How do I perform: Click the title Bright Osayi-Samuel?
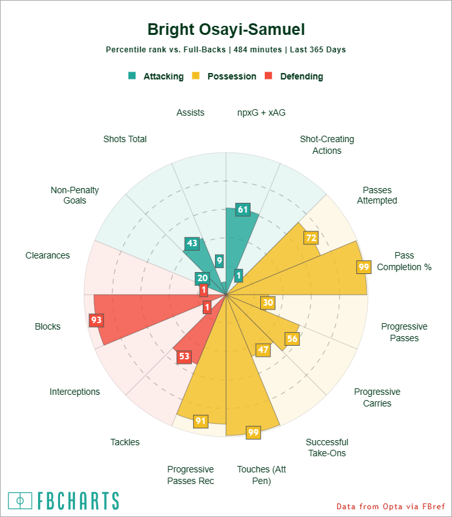point(226,30)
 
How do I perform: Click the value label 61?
point(243,209)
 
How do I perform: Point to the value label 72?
point(312,238)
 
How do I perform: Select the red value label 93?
point(96,319)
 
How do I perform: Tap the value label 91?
point(201,421)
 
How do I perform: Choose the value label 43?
point(192,244)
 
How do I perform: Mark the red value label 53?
point(184,356)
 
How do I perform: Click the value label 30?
point(268,302)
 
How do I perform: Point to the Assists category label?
point(190,112)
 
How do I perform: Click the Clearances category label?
point(48,255)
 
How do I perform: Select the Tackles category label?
point(125,442)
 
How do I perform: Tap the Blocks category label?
point(48,326)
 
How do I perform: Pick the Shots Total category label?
point(125,139)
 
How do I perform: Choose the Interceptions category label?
point(75,392)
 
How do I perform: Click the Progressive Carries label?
point(377,397)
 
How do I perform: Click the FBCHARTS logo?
point(64,501)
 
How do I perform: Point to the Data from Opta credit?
point(391,506)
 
